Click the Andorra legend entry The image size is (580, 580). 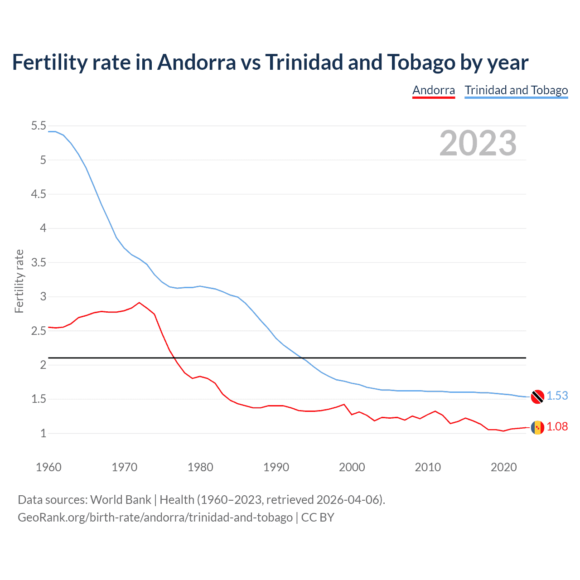coord(433,90)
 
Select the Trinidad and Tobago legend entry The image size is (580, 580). coord(516,90)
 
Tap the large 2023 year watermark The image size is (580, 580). coord(478,143)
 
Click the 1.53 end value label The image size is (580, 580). coord(557,396)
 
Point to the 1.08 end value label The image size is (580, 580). coord(557,426)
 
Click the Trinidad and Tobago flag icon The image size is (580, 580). coord(537,396)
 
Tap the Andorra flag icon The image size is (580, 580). coord(537,427)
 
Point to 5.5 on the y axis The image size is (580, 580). coord(39,126)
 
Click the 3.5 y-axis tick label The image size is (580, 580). coord(39,262)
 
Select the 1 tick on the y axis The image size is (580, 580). coord(43,433)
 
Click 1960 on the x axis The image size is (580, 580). coord(48,467)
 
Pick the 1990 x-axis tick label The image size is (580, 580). coord(276,467)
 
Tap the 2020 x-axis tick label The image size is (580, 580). coord(503,467)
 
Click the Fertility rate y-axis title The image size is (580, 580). coord(19,281)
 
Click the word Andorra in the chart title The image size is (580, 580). coord(196,62)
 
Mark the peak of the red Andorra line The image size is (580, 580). coord(139,302)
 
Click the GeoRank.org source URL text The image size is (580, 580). coord(155,517)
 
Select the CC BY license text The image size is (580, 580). coord(318,517)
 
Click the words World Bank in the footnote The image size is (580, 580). coord(121,499)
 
